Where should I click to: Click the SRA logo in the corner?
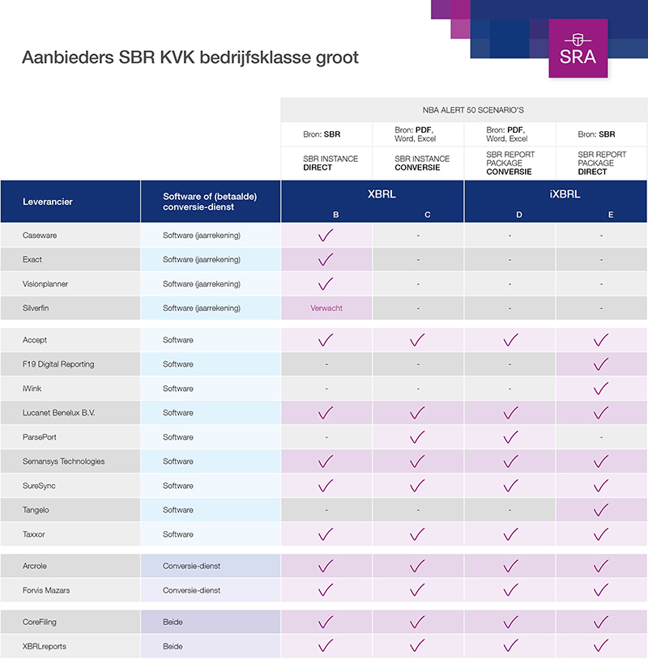[578, 49]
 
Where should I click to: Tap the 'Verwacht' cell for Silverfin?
[326, 308]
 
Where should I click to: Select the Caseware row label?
[40, 236]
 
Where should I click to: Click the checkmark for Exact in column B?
[326, 260]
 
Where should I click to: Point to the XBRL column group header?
[372, 195]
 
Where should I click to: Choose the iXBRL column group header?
[556, 195]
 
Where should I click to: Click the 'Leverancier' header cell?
[48, 202]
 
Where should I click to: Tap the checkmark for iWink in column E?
[601, 389]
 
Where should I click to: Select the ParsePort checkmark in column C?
[418, 437]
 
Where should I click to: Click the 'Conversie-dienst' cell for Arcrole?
[190, 566]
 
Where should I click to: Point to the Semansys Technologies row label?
[64, 461]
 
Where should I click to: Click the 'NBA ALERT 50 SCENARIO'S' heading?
[464, 109]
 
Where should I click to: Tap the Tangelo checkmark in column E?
[601, 510]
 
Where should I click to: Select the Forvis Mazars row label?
[46, 590]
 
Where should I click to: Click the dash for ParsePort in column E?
[601, 437]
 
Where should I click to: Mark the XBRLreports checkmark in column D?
[510, 646]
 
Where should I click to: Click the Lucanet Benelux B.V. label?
[58, 413]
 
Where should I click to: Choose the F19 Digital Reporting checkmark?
[601, 364]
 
